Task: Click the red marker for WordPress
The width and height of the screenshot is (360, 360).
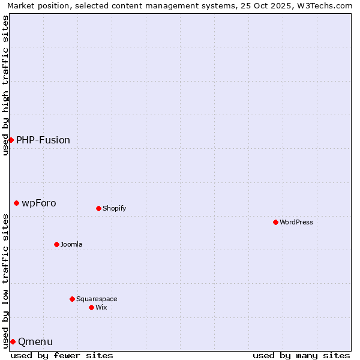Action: pos(275,222)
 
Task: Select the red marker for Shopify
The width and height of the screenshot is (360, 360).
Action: pos(98,208)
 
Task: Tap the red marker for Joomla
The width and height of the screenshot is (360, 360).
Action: pos(56,244)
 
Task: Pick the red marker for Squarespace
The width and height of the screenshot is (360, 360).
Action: pos(72,299)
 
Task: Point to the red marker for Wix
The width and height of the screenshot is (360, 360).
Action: pos(91,307)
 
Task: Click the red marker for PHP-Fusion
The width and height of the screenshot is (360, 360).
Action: pos(11,140)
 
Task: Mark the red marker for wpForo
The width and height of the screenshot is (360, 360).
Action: pos(16,203)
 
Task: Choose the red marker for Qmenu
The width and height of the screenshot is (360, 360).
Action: pos(13,341)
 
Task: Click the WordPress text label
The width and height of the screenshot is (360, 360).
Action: pos(296,222)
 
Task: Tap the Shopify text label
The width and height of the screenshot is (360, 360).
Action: pos(114,208)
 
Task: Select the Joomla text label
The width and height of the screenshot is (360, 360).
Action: pos(71,244)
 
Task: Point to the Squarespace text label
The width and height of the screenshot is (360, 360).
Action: pos(97,299)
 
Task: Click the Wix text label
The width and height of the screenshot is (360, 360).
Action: pos(101,307)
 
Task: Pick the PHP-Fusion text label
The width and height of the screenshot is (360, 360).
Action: pos(43,140)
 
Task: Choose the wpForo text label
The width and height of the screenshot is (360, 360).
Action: pos(39,203)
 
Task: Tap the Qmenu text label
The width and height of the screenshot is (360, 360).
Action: pos(35,341)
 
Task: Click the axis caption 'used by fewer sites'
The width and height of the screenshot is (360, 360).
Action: pos(62,355)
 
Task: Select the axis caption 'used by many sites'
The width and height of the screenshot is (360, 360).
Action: pos(301,355)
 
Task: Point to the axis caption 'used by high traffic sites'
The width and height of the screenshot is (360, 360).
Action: pos(5,85)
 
